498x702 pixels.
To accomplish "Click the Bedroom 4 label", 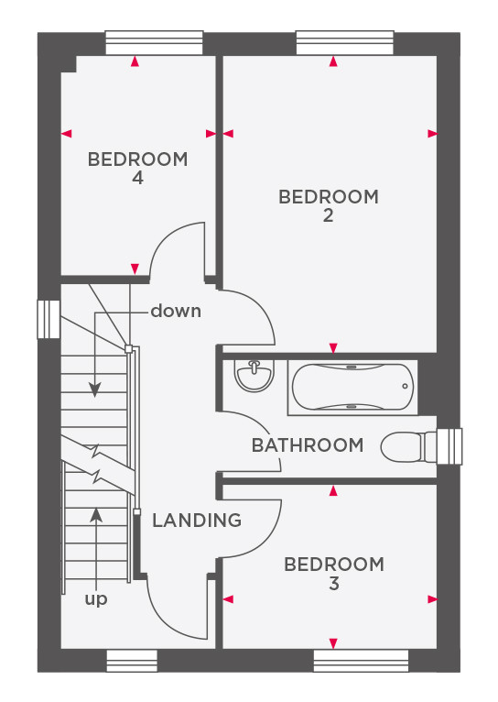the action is coord(137,169).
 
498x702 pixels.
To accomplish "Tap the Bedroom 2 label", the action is coord(329,206).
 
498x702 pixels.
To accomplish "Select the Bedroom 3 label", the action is coord(334,574).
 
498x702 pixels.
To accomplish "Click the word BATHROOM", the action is coord(308,445).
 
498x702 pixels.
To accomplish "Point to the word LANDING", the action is coord(197,521).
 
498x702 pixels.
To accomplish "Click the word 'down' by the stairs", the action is coord(176,312).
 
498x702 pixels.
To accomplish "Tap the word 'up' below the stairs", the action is coord(96,599).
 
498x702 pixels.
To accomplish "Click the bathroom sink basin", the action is coord(254,375).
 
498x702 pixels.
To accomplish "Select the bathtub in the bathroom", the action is coord(352,388).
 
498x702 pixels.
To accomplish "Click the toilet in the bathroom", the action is coord(408,446).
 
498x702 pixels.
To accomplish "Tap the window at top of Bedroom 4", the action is coord(154,43).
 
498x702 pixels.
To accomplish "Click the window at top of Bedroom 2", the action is coord(345,43).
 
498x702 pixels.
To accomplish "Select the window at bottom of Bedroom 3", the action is coord(362,661).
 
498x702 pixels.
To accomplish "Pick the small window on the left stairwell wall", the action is coord(49,319).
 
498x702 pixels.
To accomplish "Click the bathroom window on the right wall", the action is coord(449,446).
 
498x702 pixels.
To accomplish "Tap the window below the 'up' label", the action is coord(132,661).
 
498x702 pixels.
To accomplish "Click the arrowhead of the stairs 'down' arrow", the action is coord(95,390).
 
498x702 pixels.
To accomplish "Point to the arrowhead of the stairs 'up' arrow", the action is coord(96,515).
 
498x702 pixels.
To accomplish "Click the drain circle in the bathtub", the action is coord(405,386).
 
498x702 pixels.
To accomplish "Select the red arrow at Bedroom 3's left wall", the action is coord(228,599).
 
